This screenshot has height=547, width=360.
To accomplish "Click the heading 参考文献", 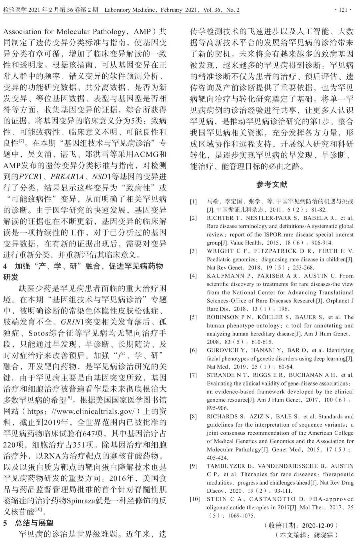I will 272,184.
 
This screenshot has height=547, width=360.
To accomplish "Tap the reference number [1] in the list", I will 193,202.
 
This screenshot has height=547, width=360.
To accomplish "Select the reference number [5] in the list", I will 193,317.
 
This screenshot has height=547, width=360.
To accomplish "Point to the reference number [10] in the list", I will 195,499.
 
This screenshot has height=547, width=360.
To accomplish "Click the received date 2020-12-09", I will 317,526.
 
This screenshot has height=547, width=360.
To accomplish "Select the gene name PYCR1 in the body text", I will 31,177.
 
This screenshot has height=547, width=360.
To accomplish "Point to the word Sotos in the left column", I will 40,333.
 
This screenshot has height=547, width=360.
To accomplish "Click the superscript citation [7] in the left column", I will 21,141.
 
